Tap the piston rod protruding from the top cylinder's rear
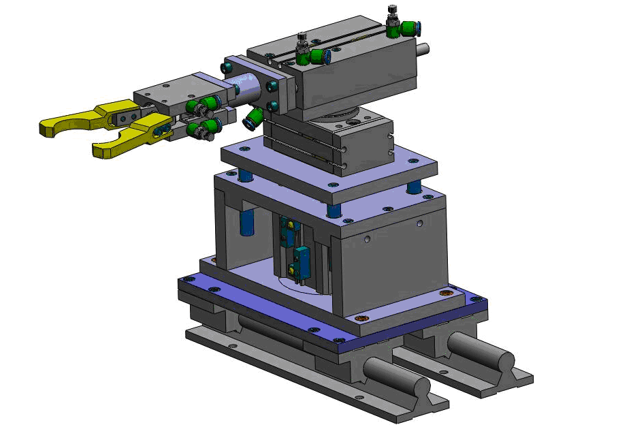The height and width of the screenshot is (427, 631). tap(423, 48)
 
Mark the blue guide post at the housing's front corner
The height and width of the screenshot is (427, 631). tap(334, 210)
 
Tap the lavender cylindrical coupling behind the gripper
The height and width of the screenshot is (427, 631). tap(245, 86)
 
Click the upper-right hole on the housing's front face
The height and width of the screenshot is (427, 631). tap(420, 223)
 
